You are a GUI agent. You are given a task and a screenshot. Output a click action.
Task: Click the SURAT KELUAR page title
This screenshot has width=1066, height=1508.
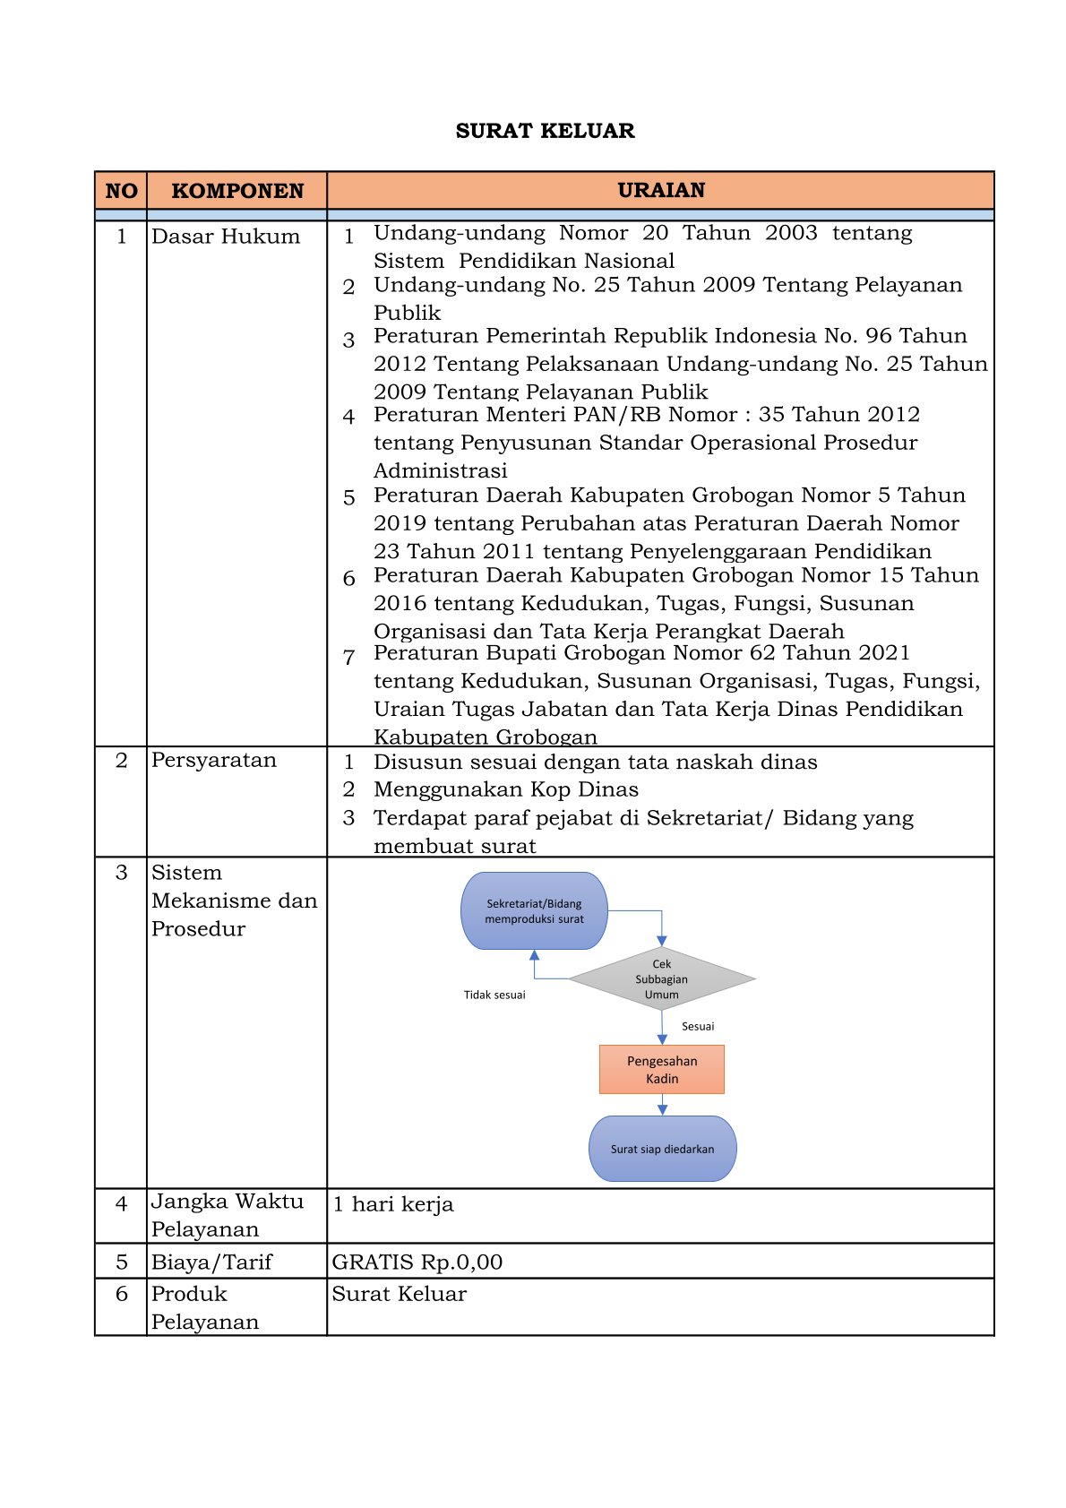(545, 131)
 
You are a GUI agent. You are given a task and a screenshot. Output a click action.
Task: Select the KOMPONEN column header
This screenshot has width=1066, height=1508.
(237, 191)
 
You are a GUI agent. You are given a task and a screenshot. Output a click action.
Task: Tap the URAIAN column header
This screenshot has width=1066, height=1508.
(661, 190)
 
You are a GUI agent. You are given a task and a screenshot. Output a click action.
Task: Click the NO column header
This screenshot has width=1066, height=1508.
(121, 191)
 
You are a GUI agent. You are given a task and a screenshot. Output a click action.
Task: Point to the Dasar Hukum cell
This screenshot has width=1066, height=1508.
(226, 237)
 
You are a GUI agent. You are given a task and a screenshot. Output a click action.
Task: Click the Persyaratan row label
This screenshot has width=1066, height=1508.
(214, 760)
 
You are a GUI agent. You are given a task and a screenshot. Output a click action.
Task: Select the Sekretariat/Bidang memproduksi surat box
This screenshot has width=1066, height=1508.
(534, 911)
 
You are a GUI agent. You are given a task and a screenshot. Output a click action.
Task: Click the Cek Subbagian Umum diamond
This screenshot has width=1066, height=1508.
(661, 979)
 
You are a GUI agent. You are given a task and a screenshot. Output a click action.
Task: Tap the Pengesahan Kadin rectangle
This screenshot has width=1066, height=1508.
(662, 1070)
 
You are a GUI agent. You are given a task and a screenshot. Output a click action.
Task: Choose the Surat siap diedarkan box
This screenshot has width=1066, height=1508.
(662, 1149)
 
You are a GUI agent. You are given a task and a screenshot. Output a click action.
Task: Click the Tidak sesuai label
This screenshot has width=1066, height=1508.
(494, 995)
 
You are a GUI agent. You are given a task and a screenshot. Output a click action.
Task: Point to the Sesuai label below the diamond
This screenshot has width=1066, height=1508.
(698, 1027)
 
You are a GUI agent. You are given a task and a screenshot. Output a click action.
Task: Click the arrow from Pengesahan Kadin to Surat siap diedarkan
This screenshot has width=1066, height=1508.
(662, 1106)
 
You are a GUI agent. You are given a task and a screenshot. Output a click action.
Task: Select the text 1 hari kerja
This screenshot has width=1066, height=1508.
(393, 1204)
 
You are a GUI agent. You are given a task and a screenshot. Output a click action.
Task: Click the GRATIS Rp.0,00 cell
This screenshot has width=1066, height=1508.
(417, 1262)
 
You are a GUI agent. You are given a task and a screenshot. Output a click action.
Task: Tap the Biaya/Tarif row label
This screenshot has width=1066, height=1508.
(211, 1262)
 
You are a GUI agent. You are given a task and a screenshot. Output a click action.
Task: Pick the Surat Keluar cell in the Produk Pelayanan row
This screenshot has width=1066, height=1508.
(400, 1294)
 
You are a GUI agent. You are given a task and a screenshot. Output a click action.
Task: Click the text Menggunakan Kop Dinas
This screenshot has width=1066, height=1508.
(506, 789)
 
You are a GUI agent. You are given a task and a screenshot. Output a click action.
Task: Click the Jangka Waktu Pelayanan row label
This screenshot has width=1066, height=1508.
(228, 1215)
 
